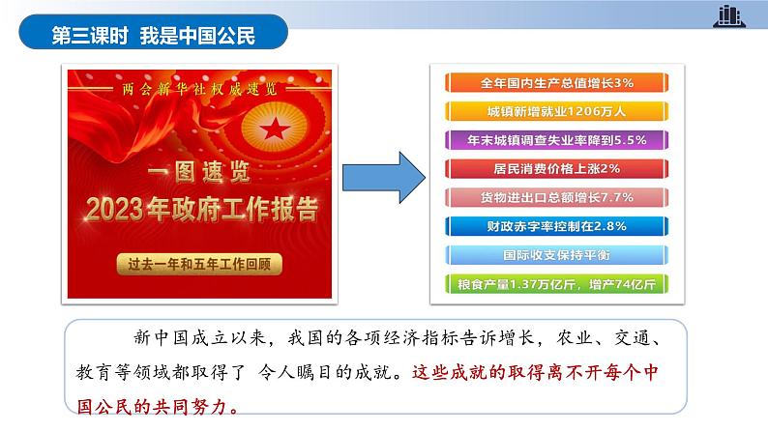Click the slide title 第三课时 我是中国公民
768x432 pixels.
click(x=153, y=37)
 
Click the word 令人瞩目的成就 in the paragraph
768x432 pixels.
click(x=340, y=371)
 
